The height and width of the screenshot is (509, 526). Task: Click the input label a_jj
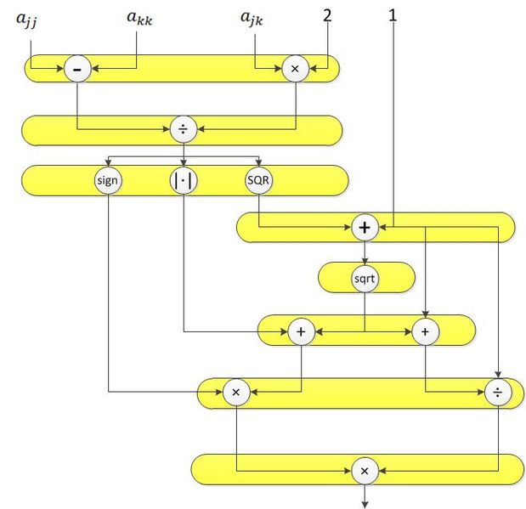(27, 20)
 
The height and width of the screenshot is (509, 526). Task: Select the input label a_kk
(139, 18)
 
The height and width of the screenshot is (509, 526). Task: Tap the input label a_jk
(252, 19)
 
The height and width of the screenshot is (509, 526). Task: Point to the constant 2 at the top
(327, 15)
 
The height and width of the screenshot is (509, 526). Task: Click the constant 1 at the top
(393, 15)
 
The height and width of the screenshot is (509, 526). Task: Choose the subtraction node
(77, 69)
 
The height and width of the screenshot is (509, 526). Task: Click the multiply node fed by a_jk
(295, 69)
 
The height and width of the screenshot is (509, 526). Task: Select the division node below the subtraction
(184, 129)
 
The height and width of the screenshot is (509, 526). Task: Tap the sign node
(107, 180)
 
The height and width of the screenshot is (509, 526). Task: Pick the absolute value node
(184, 180)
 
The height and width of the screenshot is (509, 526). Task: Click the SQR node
(258, 180)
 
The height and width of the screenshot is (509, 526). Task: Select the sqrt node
(365, 279)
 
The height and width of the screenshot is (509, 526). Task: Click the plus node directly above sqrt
(365, 228)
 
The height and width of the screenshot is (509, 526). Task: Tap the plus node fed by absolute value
(302, 332)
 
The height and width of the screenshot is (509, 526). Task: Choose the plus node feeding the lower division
(425, 332)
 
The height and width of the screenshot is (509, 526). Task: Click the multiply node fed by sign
(236, 392)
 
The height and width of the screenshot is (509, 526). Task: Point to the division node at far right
(498, 392)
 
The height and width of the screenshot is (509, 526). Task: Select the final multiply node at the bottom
(365, 471)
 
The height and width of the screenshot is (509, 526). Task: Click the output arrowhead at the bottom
(365, 505)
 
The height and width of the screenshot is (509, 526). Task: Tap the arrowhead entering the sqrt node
(365, 261)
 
